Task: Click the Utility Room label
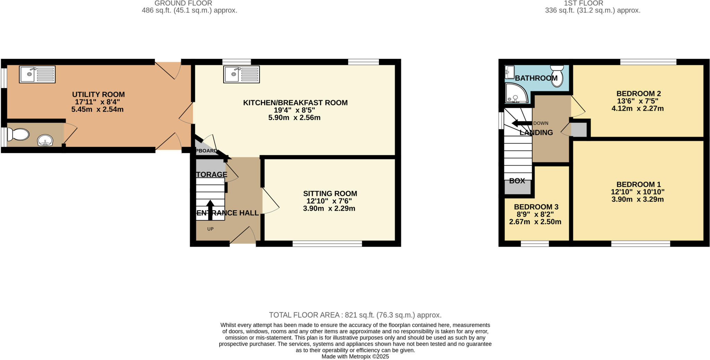(98, 94)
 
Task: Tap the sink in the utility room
(37, 74)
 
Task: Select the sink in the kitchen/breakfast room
(242, 74)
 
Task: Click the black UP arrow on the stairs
(210, 209)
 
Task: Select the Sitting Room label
(330, 193)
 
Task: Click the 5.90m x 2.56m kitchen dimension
(294, 118)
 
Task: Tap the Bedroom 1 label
(638, 184)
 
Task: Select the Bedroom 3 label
(536, 207)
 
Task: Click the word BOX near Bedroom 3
(517, 181)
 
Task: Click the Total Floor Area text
(355, 315)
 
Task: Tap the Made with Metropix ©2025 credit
(355, 357)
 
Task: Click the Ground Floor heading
(183, 3)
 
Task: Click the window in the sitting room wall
(327, 244)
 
